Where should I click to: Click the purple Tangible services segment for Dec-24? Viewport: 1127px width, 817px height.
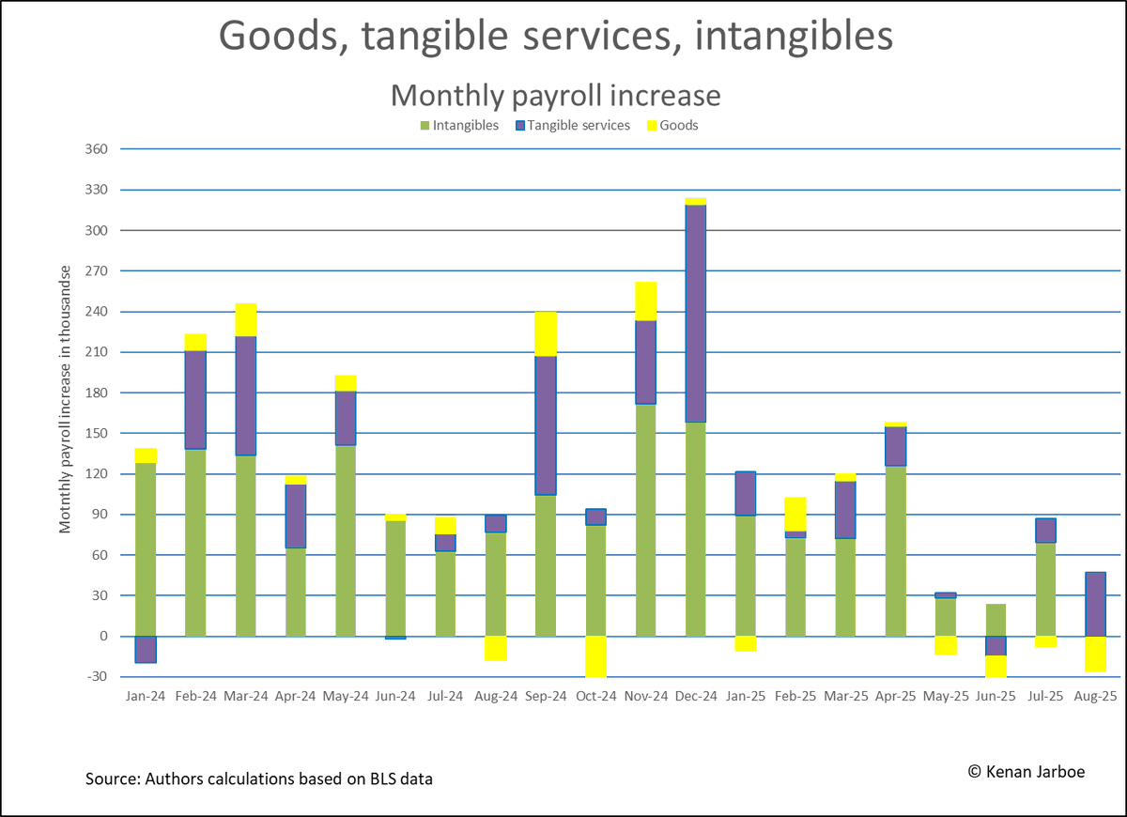[x=696, y=313]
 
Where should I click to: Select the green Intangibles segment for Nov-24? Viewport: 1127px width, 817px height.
[x=646, y=520]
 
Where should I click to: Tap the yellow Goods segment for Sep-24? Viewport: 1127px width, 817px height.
[x=546, y=333]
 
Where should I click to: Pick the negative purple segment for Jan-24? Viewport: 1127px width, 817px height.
[x=146, y=650]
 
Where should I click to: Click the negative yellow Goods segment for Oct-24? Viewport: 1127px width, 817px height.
[x=595, y=656]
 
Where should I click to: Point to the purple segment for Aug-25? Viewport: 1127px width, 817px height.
[x=1094, y=604]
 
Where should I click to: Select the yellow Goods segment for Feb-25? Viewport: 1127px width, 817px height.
[x=795, y=514]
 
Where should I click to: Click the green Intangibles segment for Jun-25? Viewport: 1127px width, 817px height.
[x=995, y=620]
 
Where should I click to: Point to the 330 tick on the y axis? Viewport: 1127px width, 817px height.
[x=97, y=190]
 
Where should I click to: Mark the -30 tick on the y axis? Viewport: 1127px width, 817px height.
[x=97, y=677]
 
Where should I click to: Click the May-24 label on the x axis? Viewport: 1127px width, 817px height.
[x=346, y=697]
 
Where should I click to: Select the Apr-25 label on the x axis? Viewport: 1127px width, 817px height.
[x=895, y=697]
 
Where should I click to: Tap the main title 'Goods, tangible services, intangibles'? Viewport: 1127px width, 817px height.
[x=555, y=36]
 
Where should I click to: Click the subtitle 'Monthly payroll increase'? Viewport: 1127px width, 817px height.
[x=555, y=95]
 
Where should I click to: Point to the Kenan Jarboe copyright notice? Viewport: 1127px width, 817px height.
[x=1026, y=771]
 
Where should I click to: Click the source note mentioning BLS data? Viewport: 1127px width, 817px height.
[x=258, y=779]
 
